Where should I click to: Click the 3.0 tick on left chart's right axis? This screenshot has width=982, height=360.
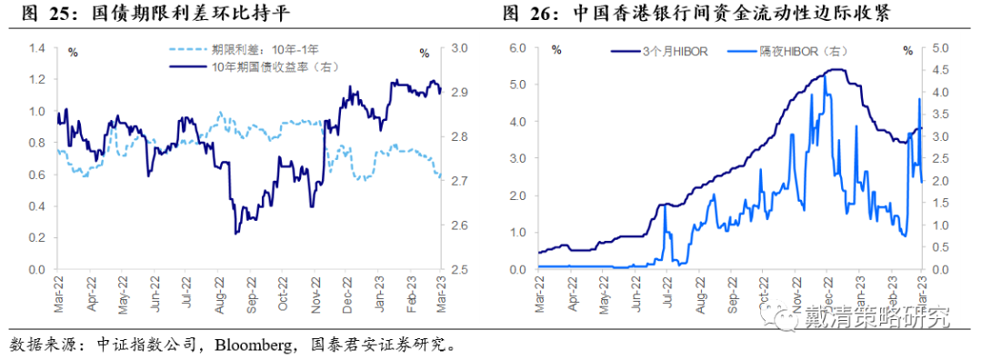(459, 47)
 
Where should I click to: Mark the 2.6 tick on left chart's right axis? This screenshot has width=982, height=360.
(459, 225)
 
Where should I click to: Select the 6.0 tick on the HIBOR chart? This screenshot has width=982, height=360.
(518, 47)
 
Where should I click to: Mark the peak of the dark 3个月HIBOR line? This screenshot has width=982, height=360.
(837, 70)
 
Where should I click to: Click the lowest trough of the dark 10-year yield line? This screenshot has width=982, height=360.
(236, 234)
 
